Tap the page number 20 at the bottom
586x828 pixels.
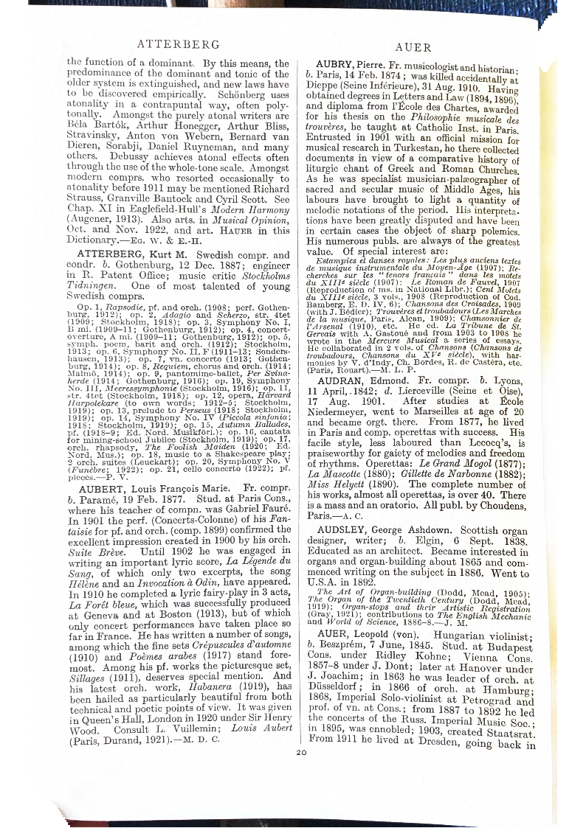point(300,753)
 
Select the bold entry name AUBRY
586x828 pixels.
point(338,64)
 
